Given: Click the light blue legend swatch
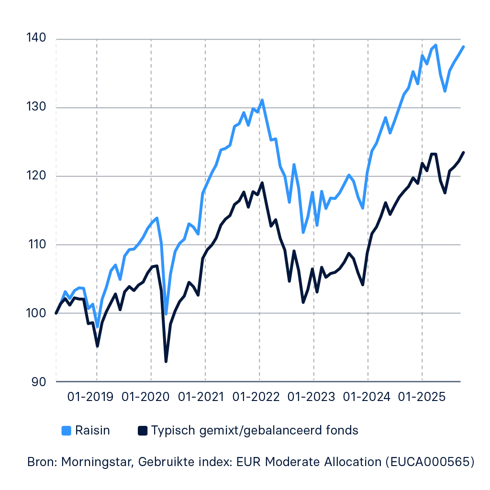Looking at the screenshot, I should click(67, 431).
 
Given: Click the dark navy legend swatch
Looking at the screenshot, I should click(143, 431).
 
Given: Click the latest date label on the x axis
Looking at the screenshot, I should click(423, 396).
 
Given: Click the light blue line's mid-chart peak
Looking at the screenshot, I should click(262, 101).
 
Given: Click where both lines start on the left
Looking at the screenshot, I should click(56, 313).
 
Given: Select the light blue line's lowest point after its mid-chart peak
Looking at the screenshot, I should click(302, 234).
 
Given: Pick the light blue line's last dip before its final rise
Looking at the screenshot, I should click(445, 90).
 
